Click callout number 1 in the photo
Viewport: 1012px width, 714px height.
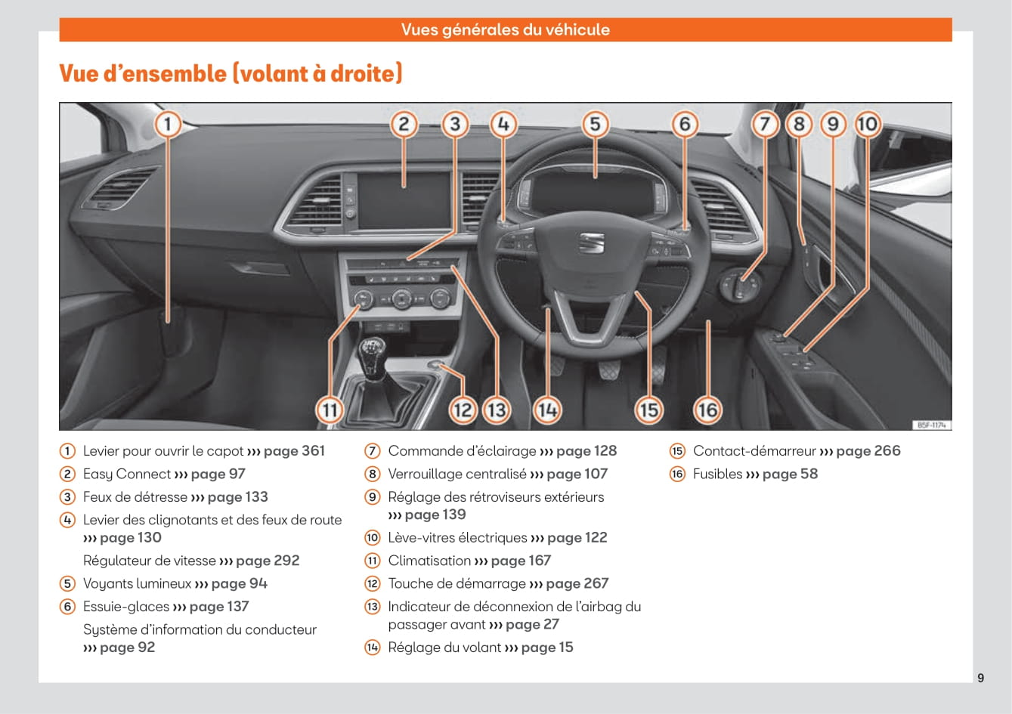click(x=168, y=125)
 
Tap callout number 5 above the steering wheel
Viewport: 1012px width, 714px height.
click(x=595, y=125)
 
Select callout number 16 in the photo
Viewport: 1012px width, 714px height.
click(x=707, y=410)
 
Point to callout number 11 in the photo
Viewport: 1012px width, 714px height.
click(x=330, y=410)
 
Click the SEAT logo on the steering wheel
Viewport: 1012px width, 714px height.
click(x=591, y=243)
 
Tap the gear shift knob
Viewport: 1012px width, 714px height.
click(x=374, y=354)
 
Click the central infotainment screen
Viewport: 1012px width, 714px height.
click(x=403, y=199)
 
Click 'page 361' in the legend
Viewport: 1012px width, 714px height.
click(x=294, y=451)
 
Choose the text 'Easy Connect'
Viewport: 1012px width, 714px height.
click(x=127, y=474)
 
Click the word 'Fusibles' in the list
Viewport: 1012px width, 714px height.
click(x=717, y=474)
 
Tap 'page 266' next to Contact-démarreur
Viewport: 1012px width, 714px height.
click(x=868, y=451)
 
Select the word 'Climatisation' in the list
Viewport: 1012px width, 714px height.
click(x=429, y=561)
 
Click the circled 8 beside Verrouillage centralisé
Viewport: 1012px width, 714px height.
click(x=373, y=474)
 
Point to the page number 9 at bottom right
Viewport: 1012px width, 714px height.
click(x=981, y=678)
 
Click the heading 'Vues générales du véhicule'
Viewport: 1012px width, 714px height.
click(x=505, y=29)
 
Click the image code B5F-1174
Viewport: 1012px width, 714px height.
click(x=932, y=425)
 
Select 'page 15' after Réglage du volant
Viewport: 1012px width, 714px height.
click(x=547, y=648)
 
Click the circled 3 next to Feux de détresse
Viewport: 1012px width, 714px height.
click(x=68, y=497)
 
